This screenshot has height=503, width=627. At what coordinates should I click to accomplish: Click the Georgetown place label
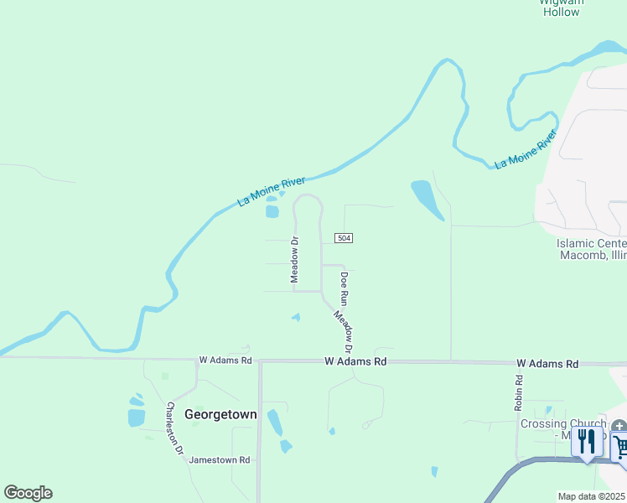click(x=220, y=414)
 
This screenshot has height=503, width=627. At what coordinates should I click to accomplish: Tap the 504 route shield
click(x=343, y=238)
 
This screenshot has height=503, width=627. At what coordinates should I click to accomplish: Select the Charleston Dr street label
click(x=174, y=428)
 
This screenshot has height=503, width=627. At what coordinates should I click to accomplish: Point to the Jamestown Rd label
click(x=220, y=460)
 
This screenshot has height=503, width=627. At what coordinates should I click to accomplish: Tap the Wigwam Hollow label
click(x=561, y=8)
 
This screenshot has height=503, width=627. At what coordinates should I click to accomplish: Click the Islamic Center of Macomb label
click(x=592, y=249)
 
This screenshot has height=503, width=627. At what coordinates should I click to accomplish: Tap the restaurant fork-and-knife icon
click(x=587, y=441)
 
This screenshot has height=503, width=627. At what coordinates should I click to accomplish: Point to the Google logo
click(x=28, y=493)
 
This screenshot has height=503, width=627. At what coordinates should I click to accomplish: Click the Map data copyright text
click(x=592, y=496)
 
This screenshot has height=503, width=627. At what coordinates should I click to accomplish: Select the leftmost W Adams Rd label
click(x=225, y=360)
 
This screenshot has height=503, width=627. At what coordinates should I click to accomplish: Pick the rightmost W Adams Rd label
click(x=547, y=364)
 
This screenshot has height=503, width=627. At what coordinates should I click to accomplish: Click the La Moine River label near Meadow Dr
click(x=272, y=190)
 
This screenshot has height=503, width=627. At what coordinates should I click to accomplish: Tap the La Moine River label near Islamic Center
click(x=526, y=150)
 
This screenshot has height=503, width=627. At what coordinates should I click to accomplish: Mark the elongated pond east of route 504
click(x=425, y=199)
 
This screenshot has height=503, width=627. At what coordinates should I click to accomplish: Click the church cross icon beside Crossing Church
click(x=619, y=427)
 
